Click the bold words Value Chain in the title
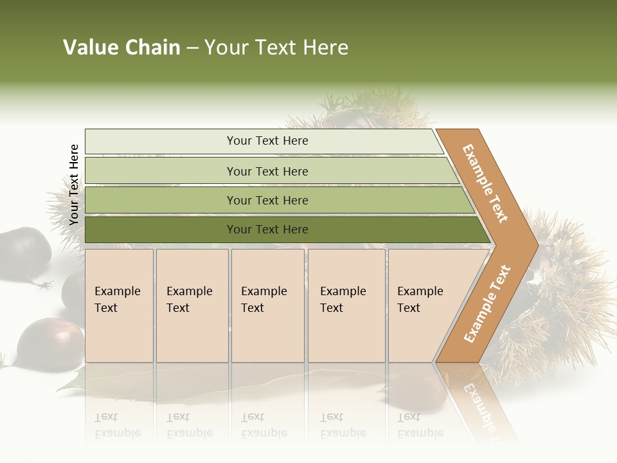click(x=121, y=48)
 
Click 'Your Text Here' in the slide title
click(x=276, y=48)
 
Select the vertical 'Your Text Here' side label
click(x=74, y=185)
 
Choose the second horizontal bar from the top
click(x=267, y=171)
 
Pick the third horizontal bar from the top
click(x=267, y=201)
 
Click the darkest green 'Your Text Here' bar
click(x=267, y=230)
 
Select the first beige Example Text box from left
click(x=119, y=305)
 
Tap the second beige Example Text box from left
click(x=192, y=305)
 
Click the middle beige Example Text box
click(x=267, y=305)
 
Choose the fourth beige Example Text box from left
click(x=346, y=305)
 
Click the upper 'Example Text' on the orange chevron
click(x=485, y=183)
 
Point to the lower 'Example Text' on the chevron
click(x=487, y=304)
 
